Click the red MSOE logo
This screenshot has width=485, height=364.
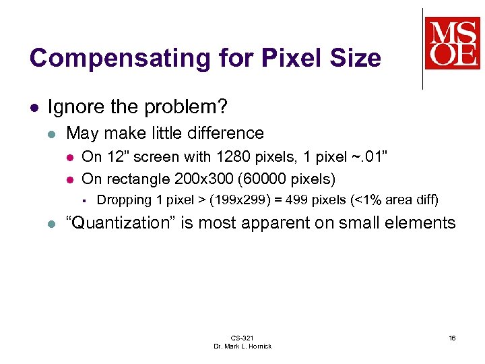coord(452,43)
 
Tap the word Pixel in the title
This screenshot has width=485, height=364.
coord(280,59)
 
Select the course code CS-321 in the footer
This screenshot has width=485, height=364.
coord(242,338)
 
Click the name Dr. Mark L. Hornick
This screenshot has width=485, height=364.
coord(242,346)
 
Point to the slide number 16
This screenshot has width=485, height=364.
coord(452,338)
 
